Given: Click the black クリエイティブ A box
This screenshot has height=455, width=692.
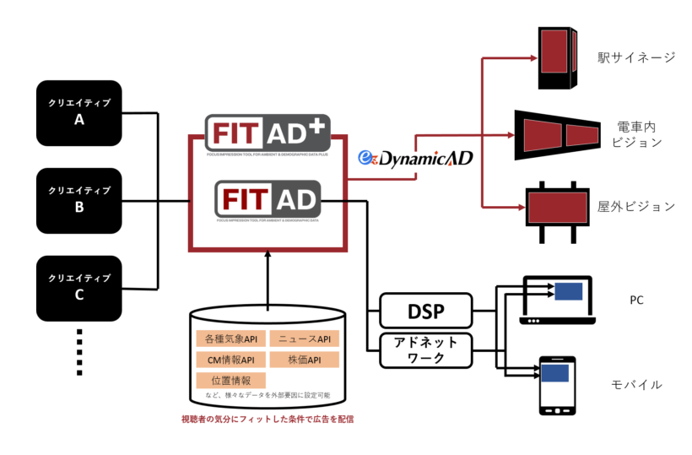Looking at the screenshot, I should click(79, 112).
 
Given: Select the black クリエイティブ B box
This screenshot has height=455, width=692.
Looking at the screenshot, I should click(79, 200).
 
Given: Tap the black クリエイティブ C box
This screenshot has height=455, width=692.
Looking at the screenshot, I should click(79, 287).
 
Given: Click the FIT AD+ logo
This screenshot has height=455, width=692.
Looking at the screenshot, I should click(268, 134).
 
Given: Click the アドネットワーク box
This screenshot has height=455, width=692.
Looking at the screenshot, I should click(424, 350).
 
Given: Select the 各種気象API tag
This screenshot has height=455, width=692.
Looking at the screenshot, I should click(230, 339).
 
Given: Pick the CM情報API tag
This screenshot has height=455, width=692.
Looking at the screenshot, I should click(230, 360).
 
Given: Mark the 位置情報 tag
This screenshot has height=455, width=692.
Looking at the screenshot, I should click(230, 381).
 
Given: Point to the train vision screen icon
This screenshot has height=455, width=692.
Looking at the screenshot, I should click(558, 134).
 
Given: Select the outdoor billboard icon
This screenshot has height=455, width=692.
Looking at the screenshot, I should click(557, 205).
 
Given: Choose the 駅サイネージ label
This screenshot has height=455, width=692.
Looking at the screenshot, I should click(636, 58).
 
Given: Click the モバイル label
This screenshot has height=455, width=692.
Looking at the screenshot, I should click(636, 385).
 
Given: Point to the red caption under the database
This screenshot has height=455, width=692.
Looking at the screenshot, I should click(268, 419).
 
